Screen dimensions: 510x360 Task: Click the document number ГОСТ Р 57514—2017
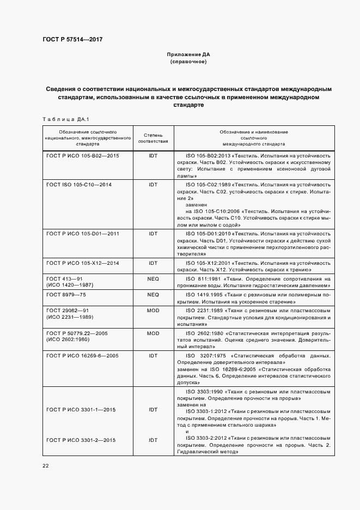pyautogui.click(x=72, y=40)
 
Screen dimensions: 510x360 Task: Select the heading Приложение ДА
pyautogui.click(x=188, y=55)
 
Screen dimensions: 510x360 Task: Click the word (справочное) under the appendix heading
pyautogui.click(x=188, y=62)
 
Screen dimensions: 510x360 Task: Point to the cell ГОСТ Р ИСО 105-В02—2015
pyautogui.click(x=83, y=155)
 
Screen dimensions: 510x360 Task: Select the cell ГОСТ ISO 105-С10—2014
pyautogui.click(x=79, y=185)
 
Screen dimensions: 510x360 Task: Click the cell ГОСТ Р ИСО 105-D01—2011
pyautogui.click(x=83, y=234)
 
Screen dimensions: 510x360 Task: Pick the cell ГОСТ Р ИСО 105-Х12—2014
pyautogui.click(x=83, y=263)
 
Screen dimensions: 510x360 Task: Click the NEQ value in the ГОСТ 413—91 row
pyautogui.click(x=153, y=278)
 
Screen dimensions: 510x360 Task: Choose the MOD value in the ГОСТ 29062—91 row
pyautogui.click(x=153, y=310)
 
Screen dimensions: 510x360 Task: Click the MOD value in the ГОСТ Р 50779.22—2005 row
pyautogui.click(x=153, y=333)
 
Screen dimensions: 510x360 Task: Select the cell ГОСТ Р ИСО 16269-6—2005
pyautogui.click(x=83, y=355)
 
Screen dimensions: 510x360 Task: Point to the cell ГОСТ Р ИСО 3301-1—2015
pyautogui.click(x=81, y=409)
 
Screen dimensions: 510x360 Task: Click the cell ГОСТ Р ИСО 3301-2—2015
pyautogui.click(x=81, y=439)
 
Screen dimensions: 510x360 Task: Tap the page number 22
pyautogui.click(x=45, y=465)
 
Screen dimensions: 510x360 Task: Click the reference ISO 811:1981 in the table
pyautogui.click(x=203, y=278)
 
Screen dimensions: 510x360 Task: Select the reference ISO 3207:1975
pyautogui.click(x=205, y=355)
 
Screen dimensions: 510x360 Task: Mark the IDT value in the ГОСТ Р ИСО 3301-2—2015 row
pyautogui.click(x=153, y=439)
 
